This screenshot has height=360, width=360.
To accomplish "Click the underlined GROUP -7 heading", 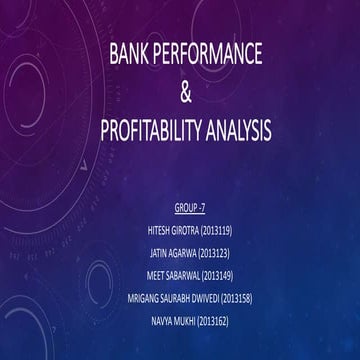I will [187, 208].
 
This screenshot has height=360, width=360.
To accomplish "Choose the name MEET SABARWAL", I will [171, 265].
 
